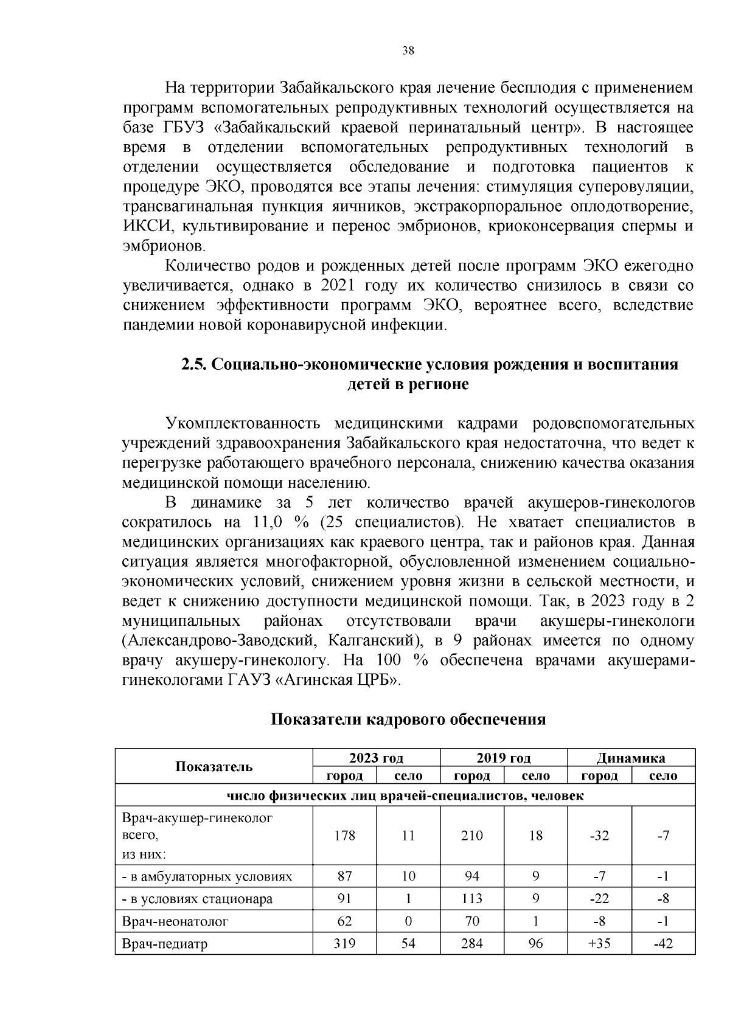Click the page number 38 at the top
pyautogui.click(x=408, y=51)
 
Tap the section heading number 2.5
pyautogui.click(x=195, y=365)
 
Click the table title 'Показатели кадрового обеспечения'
pyautogui.click(x=408, y=719)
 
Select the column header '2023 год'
pyautogui.click(x=376, y=758)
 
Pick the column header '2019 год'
pyautogui.click(x=503, y=758)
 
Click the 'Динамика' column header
pyautogui.click(x=631, y=758)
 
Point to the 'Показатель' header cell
pyautogui.click(x=214, y=766)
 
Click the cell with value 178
pyautogui.click(x=344, y=836)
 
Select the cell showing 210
pyautogui.click(x=472, y=836)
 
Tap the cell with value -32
pyautogui.click(x=599, y=836)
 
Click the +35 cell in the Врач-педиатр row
pyautogui.click(x=599, y=944)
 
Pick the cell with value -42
pyautogui.click(x=663, y=944)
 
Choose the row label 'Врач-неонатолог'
pyautogui.click(x=175, y=921)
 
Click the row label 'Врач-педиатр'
pyautogui.click(x=165, y=944)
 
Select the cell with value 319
pyautogui.click(x=344, y=944)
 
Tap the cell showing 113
pyautogui.click(x=472, y=899)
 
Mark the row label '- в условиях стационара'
pyautogui.click(x=197, y=899)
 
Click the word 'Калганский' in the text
pyautogui.click(x=372, y=640)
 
